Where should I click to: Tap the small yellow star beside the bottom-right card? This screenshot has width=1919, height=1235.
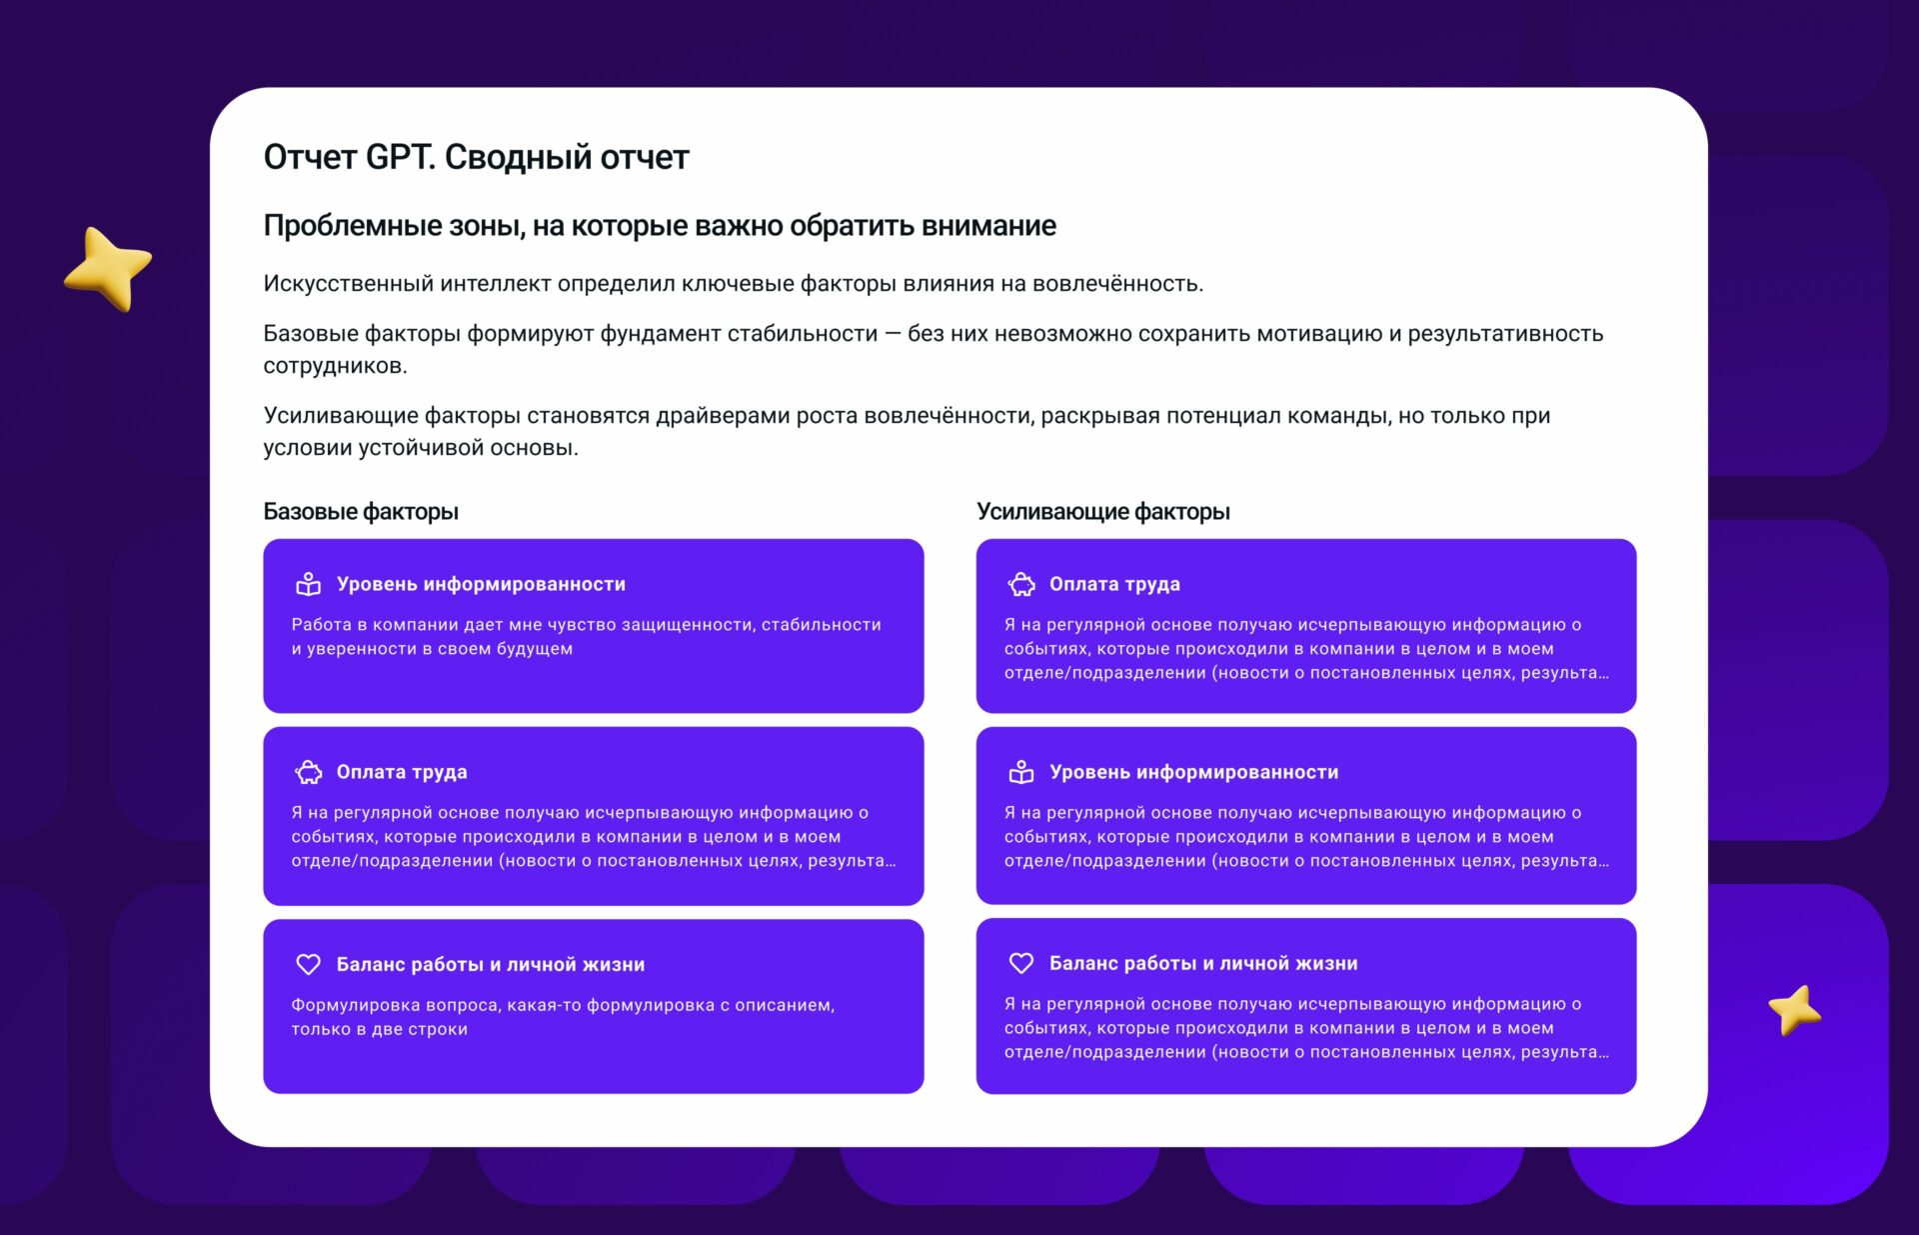[x=1794, y=1010]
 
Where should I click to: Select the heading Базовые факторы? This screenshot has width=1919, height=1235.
[x=361, y=512]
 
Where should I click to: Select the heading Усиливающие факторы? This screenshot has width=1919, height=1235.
[x=1103, y=512]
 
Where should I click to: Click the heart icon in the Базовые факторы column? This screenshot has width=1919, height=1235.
[x=309, y=964]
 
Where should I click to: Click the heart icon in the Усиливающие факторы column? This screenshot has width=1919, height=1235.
[x=1021, y=963]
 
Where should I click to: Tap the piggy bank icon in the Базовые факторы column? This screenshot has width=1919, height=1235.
[x=309, y=772]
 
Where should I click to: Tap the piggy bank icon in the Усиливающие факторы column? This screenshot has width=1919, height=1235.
[x=1021, y=584]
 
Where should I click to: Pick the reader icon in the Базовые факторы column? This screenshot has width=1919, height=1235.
[x=309, y=584]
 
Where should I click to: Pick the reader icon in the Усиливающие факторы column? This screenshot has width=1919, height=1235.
[x=1021, y=772]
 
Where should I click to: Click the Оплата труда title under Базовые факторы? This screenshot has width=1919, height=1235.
[x=402, y=772]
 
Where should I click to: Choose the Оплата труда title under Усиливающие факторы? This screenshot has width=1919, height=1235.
[x=1114, y=584]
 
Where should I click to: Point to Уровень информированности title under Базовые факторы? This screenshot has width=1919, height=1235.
[x=481, y=584]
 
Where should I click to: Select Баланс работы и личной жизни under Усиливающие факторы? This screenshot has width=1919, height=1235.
[x=1203, y=963]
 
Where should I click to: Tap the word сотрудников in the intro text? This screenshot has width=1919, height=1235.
[x=336, y=366]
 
